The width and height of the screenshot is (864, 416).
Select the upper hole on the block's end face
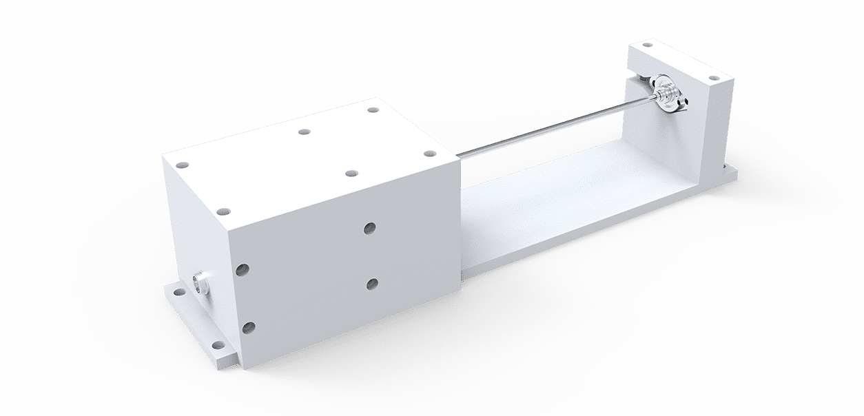242,270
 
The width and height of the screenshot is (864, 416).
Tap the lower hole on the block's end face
248,328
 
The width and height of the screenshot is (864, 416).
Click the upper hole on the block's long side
370,227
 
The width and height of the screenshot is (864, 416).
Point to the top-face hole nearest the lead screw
429,154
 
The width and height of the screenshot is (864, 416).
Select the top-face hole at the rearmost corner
373,109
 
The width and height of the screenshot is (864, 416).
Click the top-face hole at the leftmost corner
182,165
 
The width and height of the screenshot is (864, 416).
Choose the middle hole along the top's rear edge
303,131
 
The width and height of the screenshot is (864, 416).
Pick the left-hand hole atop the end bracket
646,47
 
